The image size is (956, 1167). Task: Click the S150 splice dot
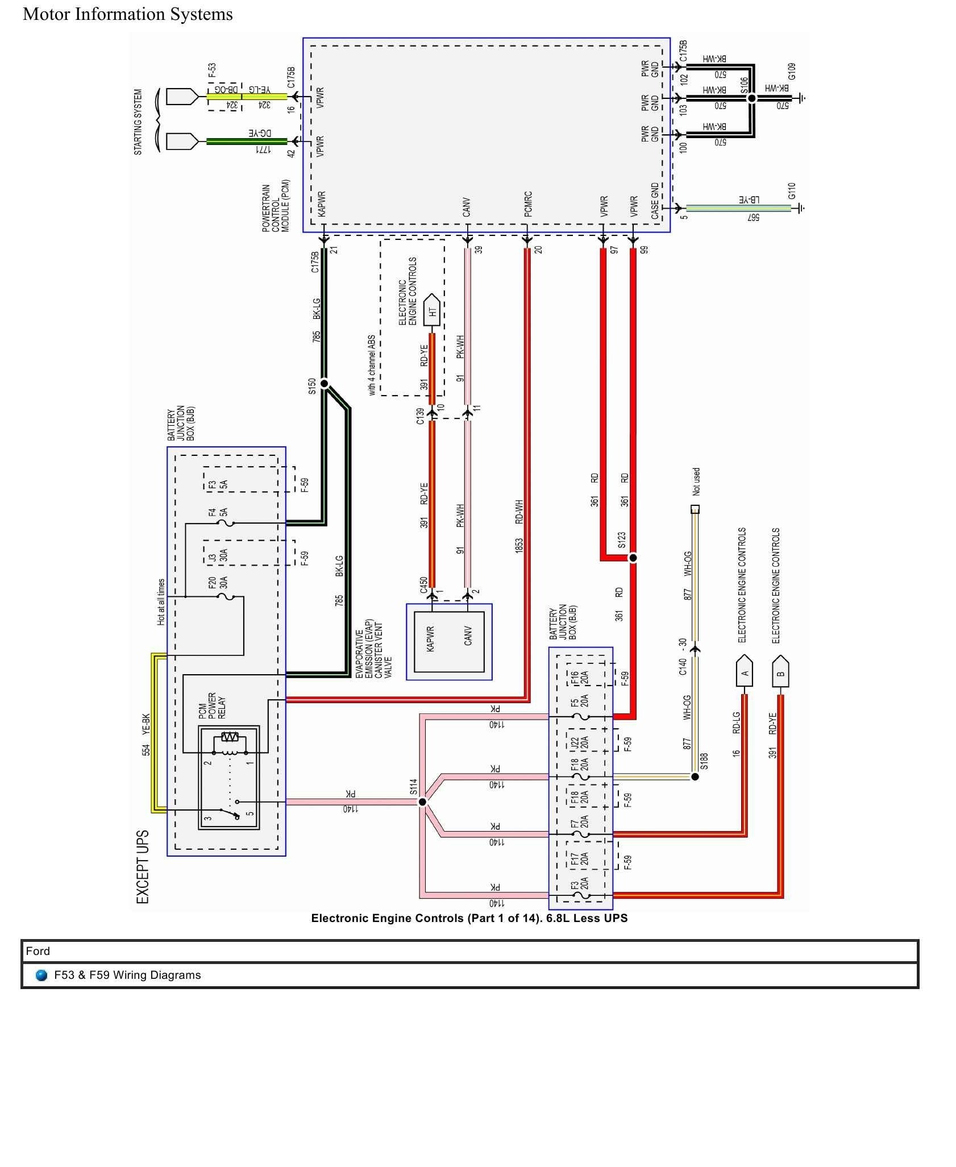pos(325,384)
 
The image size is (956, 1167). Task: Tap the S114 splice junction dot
pos(422,802)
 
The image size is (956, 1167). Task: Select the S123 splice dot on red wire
pos(633,558)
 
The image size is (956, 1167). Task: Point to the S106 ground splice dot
pos(751,98)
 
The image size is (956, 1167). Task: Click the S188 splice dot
pos(695,776)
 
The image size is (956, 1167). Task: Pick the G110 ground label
pos(792,191)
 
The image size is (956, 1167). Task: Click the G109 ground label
pos(792,71)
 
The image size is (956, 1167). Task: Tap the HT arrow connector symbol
pos(432,310)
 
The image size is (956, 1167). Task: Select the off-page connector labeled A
pos(745,673)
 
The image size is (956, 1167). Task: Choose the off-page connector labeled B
pos(780,673)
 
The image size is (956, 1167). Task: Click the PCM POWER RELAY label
pos(212,706)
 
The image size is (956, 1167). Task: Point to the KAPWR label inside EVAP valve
pos(430,639)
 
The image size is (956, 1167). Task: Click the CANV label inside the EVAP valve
pos(468,639)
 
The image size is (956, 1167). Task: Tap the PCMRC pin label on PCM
pos(528,205)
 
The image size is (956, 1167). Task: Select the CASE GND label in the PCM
pos(655,201)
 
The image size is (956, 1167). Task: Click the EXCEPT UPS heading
pos(143,867)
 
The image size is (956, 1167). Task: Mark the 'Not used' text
pos(696,482)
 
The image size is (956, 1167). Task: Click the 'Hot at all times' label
pos(161,603)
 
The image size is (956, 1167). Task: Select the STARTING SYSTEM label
pos(138,122)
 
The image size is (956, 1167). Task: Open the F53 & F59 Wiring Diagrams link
pos(127,975)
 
